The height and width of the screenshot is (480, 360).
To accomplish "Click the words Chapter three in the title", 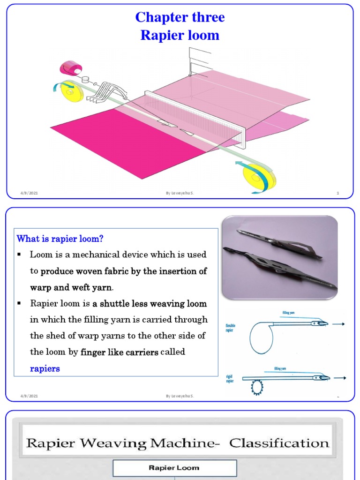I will [x=180, y=17].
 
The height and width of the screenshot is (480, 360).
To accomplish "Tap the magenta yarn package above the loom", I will [x=70, y=68].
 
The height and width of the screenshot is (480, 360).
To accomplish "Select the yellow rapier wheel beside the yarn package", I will [x=72, y=91].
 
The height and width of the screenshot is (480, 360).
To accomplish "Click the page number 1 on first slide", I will [x=337, y=193].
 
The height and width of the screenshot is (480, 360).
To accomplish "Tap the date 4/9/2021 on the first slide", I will [x=29, y=193].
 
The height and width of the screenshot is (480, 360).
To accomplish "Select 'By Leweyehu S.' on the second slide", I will [x=180, y=396].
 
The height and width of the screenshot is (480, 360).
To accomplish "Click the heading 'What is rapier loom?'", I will [x=60, y=239].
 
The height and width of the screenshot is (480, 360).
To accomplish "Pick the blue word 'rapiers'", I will [x=45, y=369].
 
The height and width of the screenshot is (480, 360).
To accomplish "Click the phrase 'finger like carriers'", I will [x=119, y=352].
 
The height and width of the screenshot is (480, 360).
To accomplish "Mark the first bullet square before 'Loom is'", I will [x=20, y=255].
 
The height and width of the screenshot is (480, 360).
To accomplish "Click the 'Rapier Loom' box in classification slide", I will [x=174, y=468].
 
